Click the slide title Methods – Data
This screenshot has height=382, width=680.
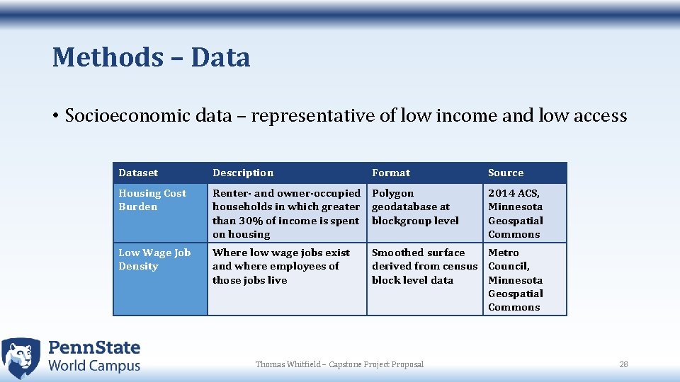151,57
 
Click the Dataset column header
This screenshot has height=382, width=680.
138,173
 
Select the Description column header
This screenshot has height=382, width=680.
243,173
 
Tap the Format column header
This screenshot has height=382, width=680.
391,173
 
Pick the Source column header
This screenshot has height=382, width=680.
506,173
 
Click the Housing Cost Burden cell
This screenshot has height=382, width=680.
152,200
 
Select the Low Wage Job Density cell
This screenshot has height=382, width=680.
154,260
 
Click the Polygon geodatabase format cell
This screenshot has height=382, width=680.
415,207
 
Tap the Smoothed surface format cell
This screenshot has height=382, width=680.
424,266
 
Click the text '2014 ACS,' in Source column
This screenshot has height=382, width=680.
514,193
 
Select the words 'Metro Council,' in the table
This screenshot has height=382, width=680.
509,260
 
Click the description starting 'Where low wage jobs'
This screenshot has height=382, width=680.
280,266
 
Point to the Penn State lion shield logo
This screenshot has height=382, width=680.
21,357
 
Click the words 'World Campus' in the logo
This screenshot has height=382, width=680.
94,366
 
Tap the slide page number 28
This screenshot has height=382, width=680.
623,364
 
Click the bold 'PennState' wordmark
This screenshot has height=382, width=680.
94,347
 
